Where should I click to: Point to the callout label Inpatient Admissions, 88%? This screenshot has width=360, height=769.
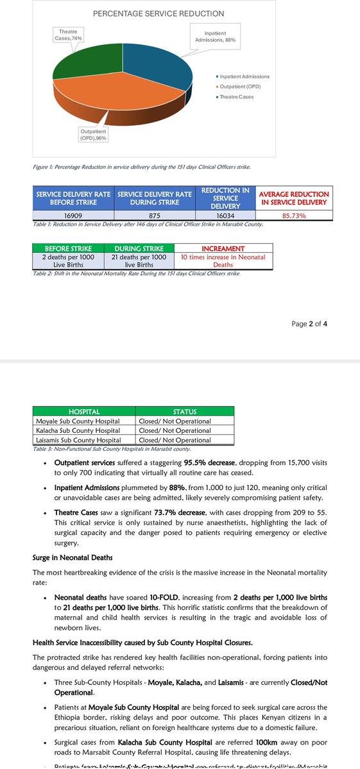[215, 37]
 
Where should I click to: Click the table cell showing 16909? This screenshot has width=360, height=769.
[73, 216]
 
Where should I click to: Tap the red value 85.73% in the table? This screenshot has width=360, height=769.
[294, 216]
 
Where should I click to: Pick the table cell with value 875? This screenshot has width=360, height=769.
[154, 216]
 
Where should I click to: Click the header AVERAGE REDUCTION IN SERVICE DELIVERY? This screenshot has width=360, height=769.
[294, 198]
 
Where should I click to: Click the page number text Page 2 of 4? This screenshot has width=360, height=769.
[310, 324]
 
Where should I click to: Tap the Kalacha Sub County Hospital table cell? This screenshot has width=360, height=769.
[78, 430]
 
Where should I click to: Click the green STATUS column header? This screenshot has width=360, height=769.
[185, 411]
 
